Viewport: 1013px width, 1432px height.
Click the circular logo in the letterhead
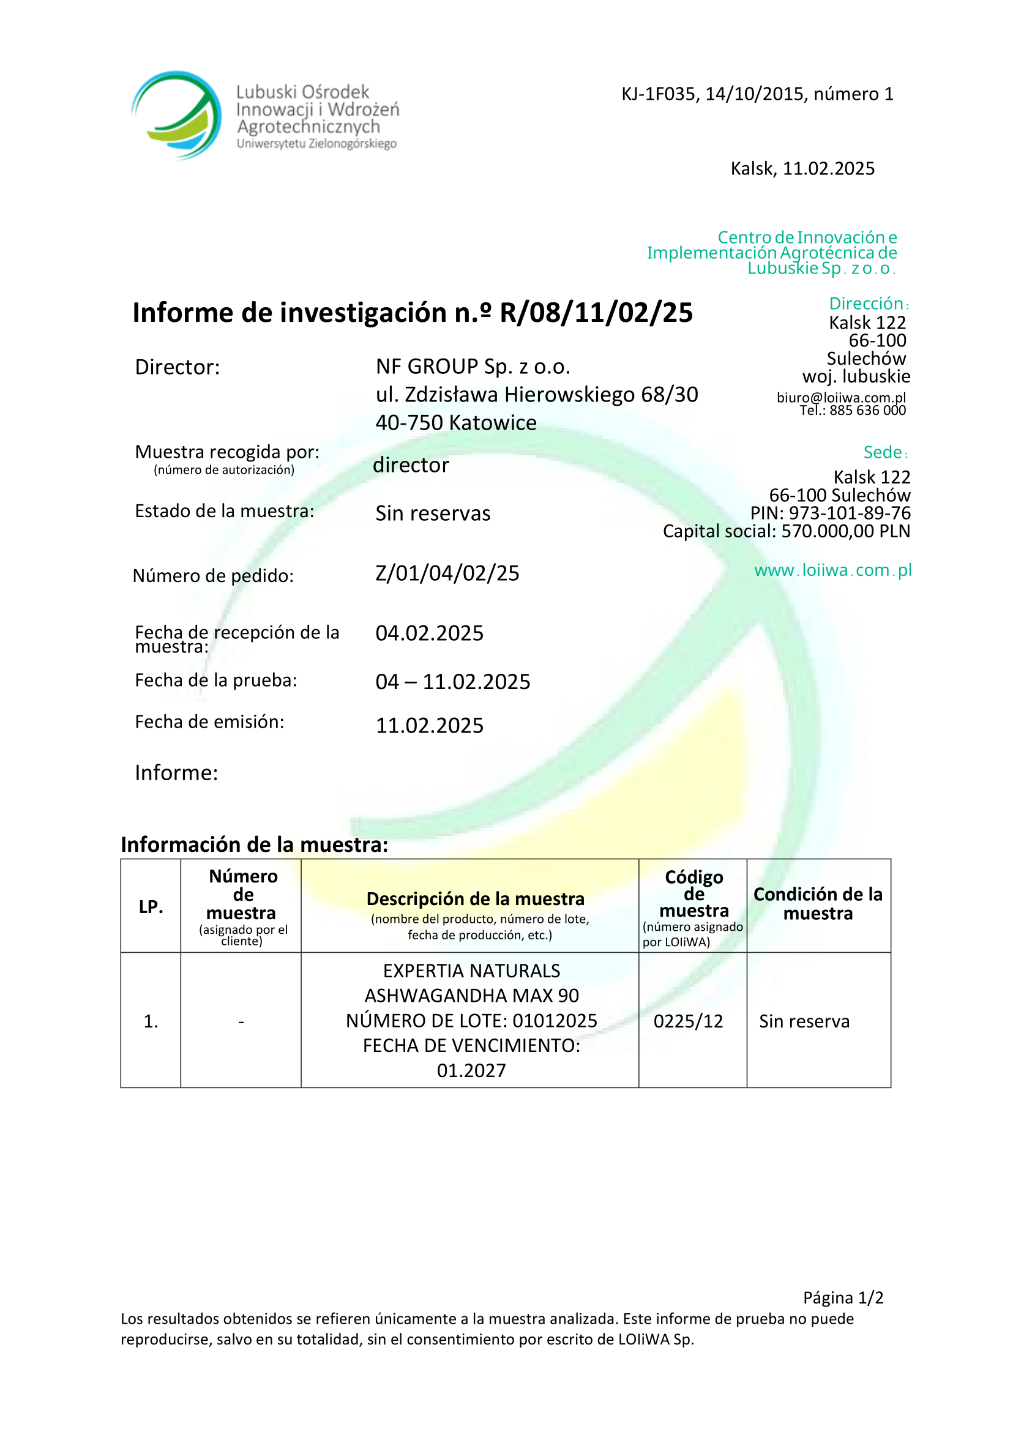pyautogui.click(x=176, y=115)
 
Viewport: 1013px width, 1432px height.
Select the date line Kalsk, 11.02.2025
pyautogui.click(x=802, y=168)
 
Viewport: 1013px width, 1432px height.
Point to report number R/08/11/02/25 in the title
pyautogui.click(x=596, y=313)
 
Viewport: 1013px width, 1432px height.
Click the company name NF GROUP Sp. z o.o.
pyautogui.click(x=473, y=367)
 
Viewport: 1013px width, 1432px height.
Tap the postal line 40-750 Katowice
pyautogui.click(x=456, y=423)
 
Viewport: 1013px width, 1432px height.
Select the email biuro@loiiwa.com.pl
pyautogui.click(x=841, y=397)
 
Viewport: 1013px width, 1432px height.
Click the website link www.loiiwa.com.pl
pyautogui.click(x=832, y=570)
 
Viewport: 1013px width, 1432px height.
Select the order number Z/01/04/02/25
pyautogui.click(x=447, y=573)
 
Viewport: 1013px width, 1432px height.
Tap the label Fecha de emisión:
pyautogui.click(x=209, y=722)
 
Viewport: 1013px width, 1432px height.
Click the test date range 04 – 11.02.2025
pyautogui.click(x=453, y=682)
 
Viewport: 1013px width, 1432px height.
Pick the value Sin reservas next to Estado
pyautogui.click(x=433, y=513)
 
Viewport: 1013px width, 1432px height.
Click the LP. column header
pyautogui.click(x=151, y=907)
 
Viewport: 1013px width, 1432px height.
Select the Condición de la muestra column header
pyautogui.click(x=818, y=904)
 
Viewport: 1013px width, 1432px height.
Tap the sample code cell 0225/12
pyautogui.click(x=688, y=1021)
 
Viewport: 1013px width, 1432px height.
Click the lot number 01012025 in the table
pyautogui.click(x=555, y=1020)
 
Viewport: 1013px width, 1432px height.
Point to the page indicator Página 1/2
pyautogui.click(x=843, y=1297)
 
